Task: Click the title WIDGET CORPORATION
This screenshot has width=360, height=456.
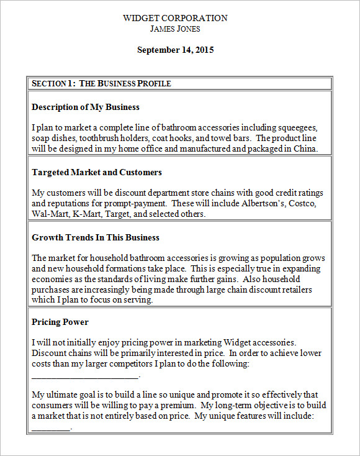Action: click(x=175, y=18)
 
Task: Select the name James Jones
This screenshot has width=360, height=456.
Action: click(x=175, y=29)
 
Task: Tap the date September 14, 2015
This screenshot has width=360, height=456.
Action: click(x=175, y=50)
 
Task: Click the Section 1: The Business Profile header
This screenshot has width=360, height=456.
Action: click(x=101, y=83)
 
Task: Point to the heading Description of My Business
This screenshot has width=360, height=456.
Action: click(x=86, y=107)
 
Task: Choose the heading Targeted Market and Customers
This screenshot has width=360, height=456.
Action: click(x=97, y=172)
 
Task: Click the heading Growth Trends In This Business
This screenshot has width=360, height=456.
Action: click(x=96, y=237)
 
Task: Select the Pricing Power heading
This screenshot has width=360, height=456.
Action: click(x=60, y=322)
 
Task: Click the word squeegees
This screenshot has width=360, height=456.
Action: click(x=297, y=127)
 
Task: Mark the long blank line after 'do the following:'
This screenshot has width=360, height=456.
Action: click(x=85, y=376)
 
